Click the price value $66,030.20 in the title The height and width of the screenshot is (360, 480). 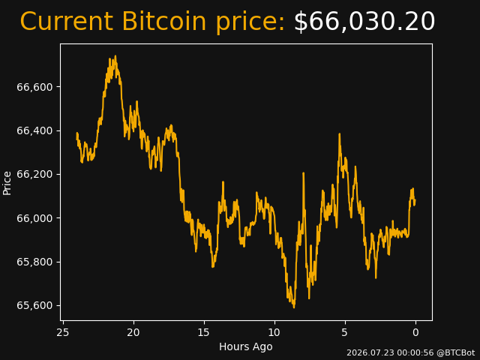(x=364, y=22)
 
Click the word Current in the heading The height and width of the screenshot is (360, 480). (x=66, y=22)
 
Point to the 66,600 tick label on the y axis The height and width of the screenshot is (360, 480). (x=34, y=87)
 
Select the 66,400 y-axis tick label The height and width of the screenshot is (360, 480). (x=34, y=131)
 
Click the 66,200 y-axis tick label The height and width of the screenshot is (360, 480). (x=34, y=175)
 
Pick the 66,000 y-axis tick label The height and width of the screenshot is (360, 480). (x=34, y=218)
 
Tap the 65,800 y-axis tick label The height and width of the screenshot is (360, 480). (x=34, y=262)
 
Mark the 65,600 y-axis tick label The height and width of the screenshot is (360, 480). (x=34, y=306)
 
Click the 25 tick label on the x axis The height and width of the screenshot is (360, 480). (x=63, y=332)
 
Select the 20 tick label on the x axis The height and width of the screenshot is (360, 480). (x=133, y=332)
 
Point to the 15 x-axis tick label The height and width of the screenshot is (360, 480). (x=204, y=332)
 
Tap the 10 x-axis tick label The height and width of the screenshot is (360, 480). (x=274, y=332)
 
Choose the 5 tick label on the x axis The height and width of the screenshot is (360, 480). (x=345, y=332)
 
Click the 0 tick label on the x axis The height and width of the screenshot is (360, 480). (x=415, y=332)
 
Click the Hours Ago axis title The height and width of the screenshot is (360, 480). (x=246, y=346)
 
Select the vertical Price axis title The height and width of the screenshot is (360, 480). (x=7, y=183)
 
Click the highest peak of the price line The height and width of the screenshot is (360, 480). (x=115, y=56)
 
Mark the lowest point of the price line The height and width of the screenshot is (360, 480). (x=294, y=307)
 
